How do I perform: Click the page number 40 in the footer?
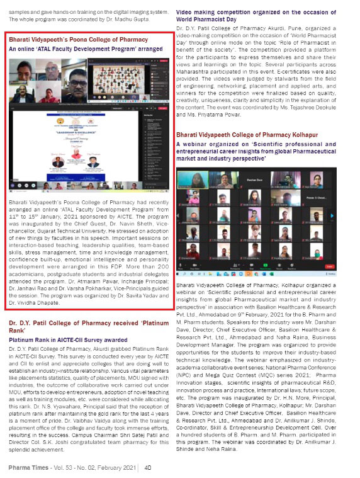point(147,468)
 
